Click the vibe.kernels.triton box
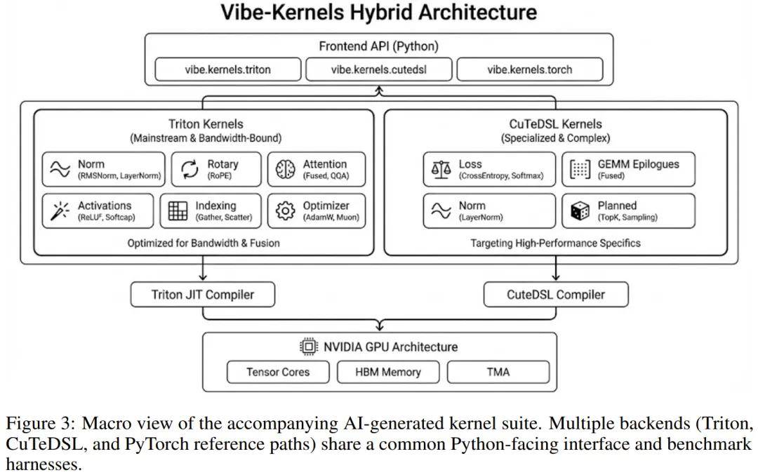[227, 69]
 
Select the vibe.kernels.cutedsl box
[379, 69]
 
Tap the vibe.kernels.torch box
[529, 69]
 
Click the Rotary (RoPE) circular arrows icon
[189, 169]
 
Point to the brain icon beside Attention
[285, 169]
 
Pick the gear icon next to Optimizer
[285, 210]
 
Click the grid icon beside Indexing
[178, 210]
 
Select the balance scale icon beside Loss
[441, 169]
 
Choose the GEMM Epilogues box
[628, 169]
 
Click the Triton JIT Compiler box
[203, 295]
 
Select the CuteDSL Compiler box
[556, 295]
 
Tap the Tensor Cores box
[278, 372]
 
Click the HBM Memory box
[388, 372]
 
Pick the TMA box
[498, 372]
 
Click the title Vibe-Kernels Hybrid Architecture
[379, 13]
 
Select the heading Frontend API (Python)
[379, 46]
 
